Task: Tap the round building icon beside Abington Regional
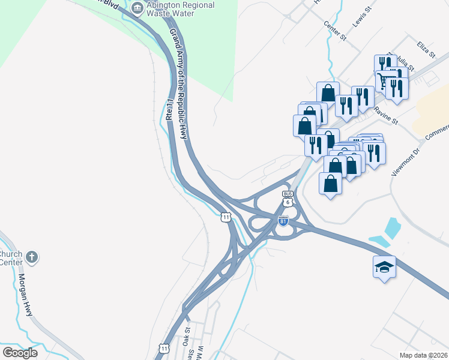pyautogui.click(x=136, y=7)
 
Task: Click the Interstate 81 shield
pyautogui.click(x=283, y=221)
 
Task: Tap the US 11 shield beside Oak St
pyautogui.click(x=164, y=348)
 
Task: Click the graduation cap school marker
pyautogui.click(x=384, y=266)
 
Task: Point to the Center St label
pyautogui.click(x=335, y=31)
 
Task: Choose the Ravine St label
pyautogui.click(x=385, y=115)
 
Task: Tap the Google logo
pyautogui.click(x=20, y=353)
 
